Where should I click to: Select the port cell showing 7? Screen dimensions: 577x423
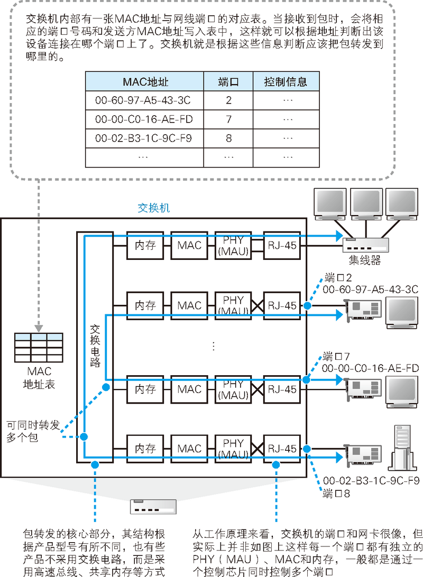(x=228, y=119)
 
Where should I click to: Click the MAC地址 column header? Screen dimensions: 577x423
(x=144, y=82)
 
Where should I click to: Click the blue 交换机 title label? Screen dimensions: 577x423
(x=153, y=208)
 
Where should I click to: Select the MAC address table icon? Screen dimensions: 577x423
(x=39, y=347)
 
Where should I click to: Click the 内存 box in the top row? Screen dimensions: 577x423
(x=145, y=245)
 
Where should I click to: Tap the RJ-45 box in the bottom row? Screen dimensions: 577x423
(x=282, y=449)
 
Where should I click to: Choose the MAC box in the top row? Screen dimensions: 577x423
(x=189, y=245)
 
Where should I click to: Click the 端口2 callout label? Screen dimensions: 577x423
(x=338, y=277)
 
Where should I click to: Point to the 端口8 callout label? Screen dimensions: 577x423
(x=337, y=494)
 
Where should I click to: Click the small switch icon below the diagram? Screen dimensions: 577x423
(x=153, y=507)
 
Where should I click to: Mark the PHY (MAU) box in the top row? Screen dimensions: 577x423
(x=233, y=245)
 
